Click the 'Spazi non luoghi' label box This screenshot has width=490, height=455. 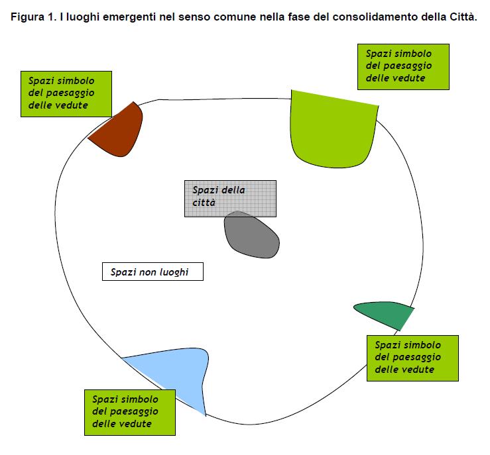point(153,272)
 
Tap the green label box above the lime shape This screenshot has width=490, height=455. point(402,66)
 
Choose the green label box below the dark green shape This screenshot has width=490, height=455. point(412,356)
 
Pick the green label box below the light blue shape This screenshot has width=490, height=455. point(129,411)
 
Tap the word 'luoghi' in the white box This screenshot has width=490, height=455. point(176,272)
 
